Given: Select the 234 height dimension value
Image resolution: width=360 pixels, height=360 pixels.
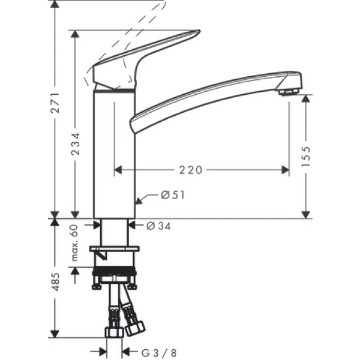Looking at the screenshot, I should point(74,143).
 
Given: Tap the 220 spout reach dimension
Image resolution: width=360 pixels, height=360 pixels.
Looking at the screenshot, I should point(191,170).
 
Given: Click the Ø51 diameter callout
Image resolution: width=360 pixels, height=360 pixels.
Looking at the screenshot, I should point(172,194).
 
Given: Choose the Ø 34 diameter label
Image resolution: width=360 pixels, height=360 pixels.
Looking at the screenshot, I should point(158,226).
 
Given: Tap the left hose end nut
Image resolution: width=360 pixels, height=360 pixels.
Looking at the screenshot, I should point(112,332).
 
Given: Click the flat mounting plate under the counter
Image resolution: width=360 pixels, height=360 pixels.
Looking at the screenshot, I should point(114,248).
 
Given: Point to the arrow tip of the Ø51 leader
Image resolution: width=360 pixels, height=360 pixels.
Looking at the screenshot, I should point(137,202).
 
